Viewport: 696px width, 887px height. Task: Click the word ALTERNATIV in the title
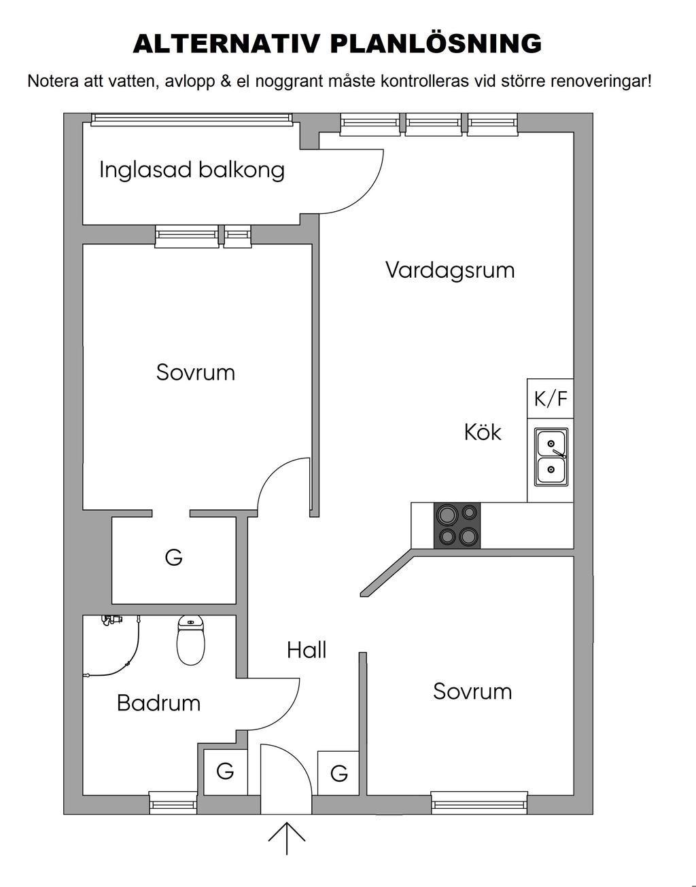click(226, 43)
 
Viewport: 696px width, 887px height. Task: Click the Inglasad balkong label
click(192, 170)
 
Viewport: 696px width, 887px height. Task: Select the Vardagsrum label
click(450, 270)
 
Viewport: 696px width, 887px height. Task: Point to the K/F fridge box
click(550, 399)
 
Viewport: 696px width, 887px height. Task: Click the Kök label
click(483, 432)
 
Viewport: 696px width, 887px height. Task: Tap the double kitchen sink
click(551, 457)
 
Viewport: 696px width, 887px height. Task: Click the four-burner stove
click(457, 526)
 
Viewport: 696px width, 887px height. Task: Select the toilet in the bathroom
click(191, 640)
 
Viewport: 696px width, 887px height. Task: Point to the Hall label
click(307, 650)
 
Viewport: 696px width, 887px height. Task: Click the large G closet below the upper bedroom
click(173, 560)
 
